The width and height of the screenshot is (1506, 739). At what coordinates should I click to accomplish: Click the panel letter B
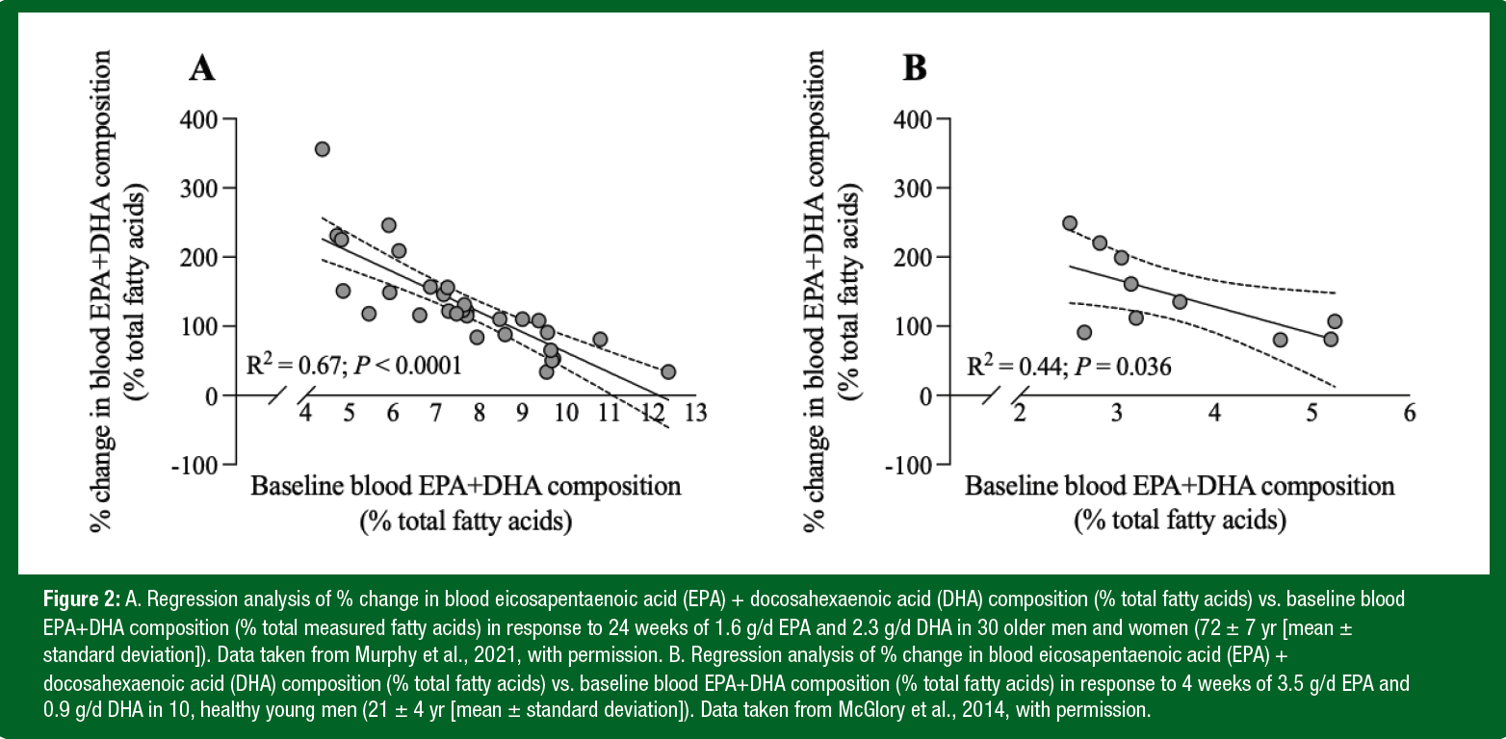tap(913, 68)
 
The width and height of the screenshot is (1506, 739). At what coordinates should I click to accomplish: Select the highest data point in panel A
tap(323, 149)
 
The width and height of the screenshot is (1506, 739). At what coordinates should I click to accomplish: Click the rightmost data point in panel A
tap(668, 371)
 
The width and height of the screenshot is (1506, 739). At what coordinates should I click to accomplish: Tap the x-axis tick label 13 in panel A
tap(696, 414)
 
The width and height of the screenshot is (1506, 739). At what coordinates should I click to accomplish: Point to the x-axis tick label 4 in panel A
tap(306, 414)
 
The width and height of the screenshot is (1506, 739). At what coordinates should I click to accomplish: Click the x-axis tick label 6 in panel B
tap(1410, 414)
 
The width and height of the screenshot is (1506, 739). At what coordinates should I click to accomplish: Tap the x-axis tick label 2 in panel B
tap(1020, 414)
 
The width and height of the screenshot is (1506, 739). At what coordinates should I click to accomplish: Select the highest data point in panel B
tap(1070, 223)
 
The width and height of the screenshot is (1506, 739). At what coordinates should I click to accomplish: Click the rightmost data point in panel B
tap(1335, 321)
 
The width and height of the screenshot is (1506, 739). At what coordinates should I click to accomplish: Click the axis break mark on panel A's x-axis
tap(288, 395)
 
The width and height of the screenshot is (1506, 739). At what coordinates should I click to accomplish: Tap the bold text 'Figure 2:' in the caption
tap(82, 599)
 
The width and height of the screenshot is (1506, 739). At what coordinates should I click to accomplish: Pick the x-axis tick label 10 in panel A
tap(566, 414)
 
